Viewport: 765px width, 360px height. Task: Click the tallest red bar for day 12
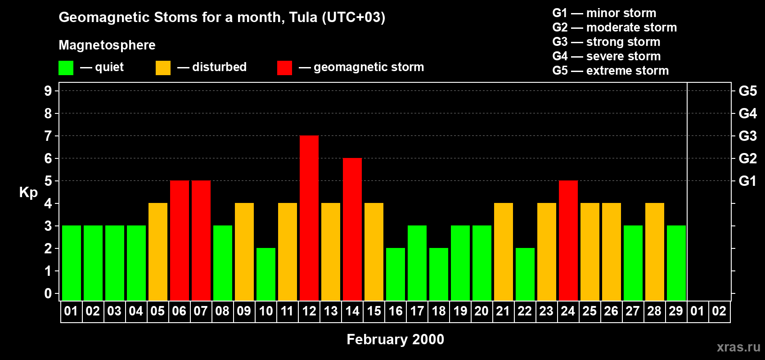pos(309,218)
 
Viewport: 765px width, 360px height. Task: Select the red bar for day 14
pos(352,229)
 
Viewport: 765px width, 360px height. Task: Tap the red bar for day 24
pos(568,240)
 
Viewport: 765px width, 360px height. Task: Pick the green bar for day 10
pos(266,274)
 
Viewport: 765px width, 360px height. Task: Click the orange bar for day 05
pos(158,252)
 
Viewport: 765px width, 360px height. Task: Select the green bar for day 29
pos(676,263)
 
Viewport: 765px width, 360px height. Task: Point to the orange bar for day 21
pos(504,252)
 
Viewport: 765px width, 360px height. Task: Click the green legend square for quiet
pos(66,68)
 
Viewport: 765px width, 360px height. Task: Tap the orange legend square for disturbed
pos(163,68)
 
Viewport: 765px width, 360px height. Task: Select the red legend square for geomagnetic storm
pos(284,68)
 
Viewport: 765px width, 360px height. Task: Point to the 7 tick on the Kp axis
pos(48,136)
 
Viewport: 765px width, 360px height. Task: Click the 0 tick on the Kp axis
pos(48,293)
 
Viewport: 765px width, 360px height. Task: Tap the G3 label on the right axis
pos(747,136)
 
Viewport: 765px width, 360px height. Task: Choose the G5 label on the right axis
pos(747,91)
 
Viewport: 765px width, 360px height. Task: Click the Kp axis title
pos(28,193)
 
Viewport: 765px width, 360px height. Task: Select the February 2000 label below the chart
pos(395,339)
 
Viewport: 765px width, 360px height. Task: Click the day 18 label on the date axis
pos(439,311)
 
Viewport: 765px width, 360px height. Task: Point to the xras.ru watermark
pos(738,347)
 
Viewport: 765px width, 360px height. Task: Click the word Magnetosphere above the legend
pos(107,45)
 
